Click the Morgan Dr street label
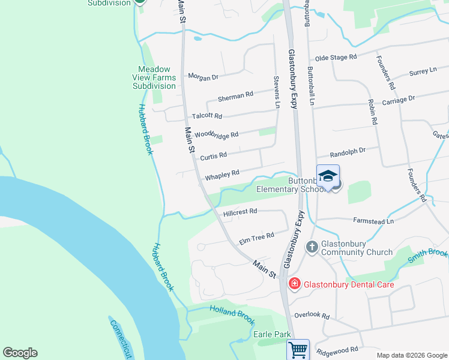203,76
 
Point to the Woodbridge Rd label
217,134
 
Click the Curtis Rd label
213,156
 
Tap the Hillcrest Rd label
240,211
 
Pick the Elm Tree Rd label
256,238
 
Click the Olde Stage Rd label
336,57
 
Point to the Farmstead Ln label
373,221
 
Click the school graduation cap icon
328,176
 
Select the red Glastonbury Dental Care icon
295,284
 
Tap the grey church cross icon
312,247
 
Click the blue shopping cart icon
298,349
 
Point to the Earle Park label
272,334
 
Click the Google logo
20,353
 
